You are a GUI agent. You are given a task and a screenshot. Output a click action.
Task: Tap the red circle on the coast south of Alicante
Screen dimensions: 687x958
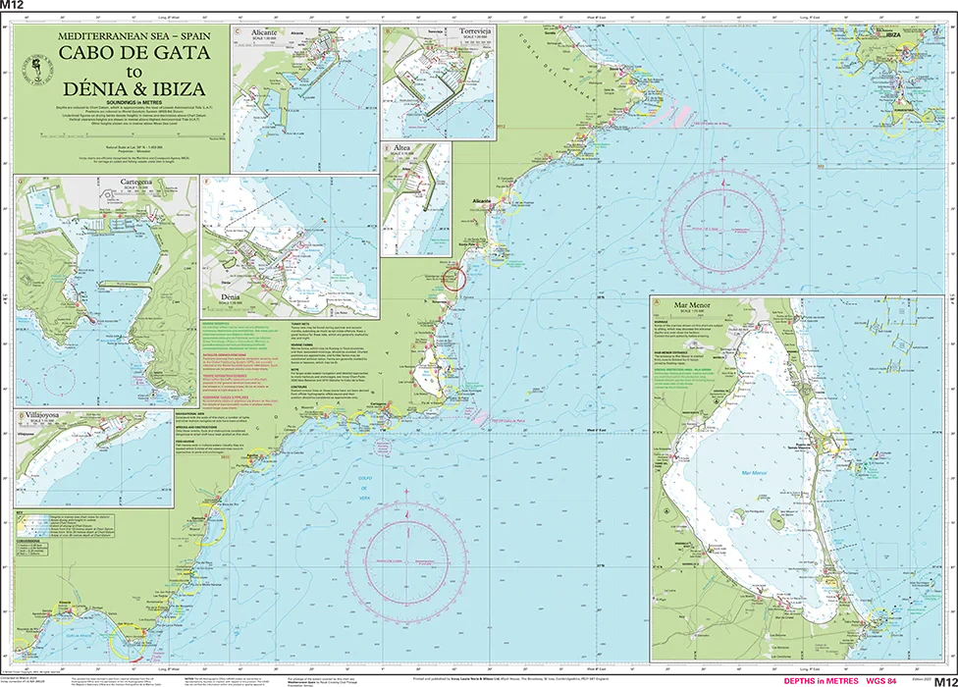(452, 279)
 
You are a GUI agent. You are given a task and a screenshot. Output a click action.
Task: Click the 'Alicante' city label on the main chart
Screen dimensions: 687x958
(481, 200)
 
